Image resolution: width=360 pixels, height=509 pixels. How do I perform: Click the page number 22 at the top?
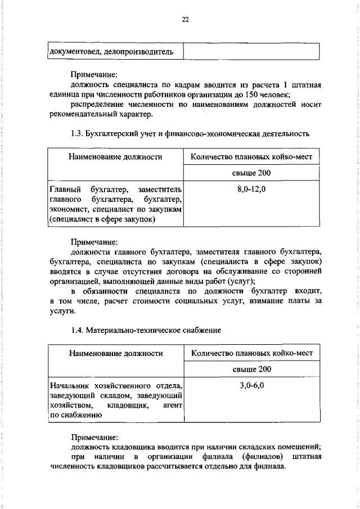coord(184,20)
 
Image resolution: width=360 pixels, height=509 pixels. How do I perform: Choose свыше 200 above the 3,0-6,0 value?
coord(251,369)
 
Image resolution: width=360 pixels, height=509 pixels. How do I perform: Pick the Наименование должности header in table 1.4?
coord(116,353)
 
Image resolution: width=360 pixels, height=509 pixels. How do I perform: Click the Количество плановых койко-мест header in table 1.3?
coord(251,157)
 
